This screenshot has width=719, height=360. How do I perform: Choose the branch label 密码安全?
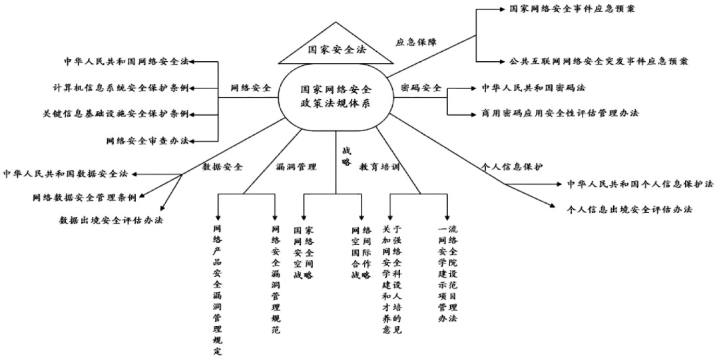coord(421,87)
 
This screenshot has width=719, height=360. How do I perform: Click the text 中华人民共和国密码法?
coord(538,87)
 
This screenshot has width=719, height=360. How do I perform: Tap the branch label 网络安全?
coord(250,87)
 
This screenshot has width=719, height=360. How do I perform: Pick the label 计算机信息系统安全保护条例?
coord(120,88)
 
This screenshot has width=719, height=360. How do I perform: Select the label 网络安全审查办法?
coord(147,140)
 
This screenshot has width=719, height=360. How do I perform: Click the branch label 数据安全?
coord(222,166)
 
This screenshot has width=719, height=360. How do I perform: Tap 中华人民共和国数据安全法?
coord(65,174)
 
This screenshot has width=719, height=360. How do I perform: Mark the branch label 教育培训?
coord(380,168)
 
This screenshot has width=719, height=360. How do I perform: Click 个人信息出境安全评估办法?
coord(629,209)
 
